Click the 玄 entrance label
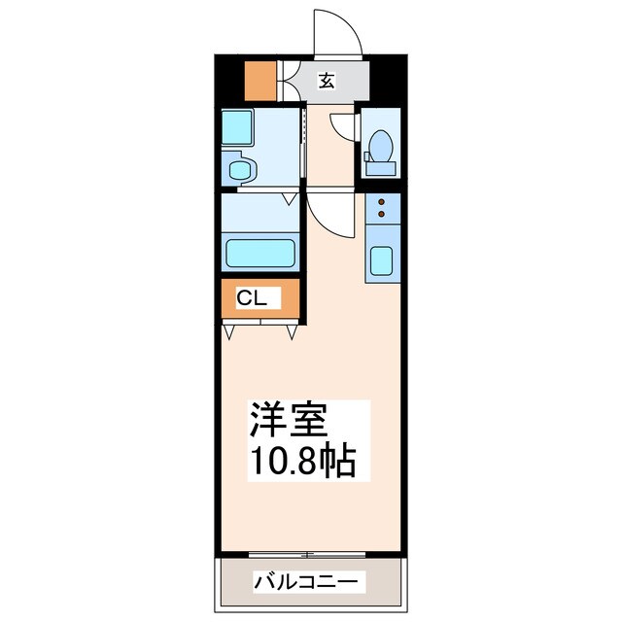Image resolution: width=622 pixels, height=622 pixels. [327, 82]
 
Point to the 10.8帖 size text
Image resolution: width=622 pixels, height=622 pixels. [299, 461]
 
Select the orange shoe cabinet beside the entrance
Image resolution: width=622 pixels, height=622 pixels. [259, 82]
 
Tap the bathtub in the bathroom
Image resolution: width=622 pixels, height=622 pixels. [261, 254]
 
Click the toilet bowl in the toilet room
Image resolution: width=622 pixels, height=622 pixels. [381, 147]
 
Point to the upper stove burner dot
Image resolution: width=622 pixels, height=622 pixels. [382, 201]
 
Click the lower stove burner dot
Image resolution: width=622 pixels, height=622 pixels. [382, 213]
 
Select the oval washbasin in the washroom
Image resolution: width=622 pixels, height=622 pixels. [239, 171]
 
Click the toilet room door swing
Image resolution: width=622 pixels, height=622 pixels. [342, 126]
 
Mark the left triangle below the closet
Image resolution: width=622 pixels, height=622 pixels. [229, 332]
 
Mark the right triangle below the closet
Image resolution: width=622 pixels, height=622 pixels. [292, 332]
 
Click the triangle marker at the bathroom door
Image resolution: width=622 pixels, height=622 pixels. [289, 198]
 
